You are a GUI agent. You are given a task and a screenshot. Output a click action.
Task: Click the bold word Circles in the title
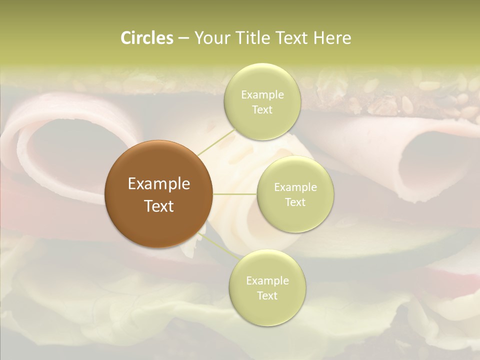[147, 38]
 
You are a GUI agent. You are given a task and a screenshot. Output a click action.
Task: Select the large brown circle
[158, 193]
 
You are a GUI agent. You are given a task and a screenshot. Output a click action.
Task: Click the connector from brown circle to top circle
[216, 141]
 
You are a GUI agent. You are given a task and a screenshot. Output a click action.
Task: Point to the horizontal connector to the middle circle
[235, 194]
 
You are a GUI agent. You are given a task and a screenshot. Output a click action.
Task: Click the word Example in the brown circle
[159, 183]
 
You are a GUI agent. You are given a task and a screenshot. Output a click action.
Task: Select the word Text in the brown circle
[159, 205]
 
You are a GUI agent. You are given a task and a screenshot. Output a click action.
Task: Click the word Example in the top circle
[262, 94]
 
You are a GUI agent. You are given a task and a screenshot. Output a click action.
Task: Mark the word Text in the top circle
[262, 109]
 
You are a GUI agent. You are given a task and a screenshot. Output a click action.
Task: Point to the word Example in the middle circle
[295, 187]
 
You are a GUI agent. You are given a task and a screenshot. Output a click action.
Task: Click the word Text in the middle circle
[295, 202]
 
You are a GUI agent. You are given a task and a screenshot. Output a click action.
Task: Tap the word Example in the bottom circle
[267, 280]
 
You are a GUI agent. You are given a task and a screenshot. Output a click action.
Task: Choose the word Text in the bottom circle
[267, 295]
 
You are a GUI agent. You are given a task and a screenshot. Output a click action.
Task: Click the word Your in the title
[210, 38]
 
